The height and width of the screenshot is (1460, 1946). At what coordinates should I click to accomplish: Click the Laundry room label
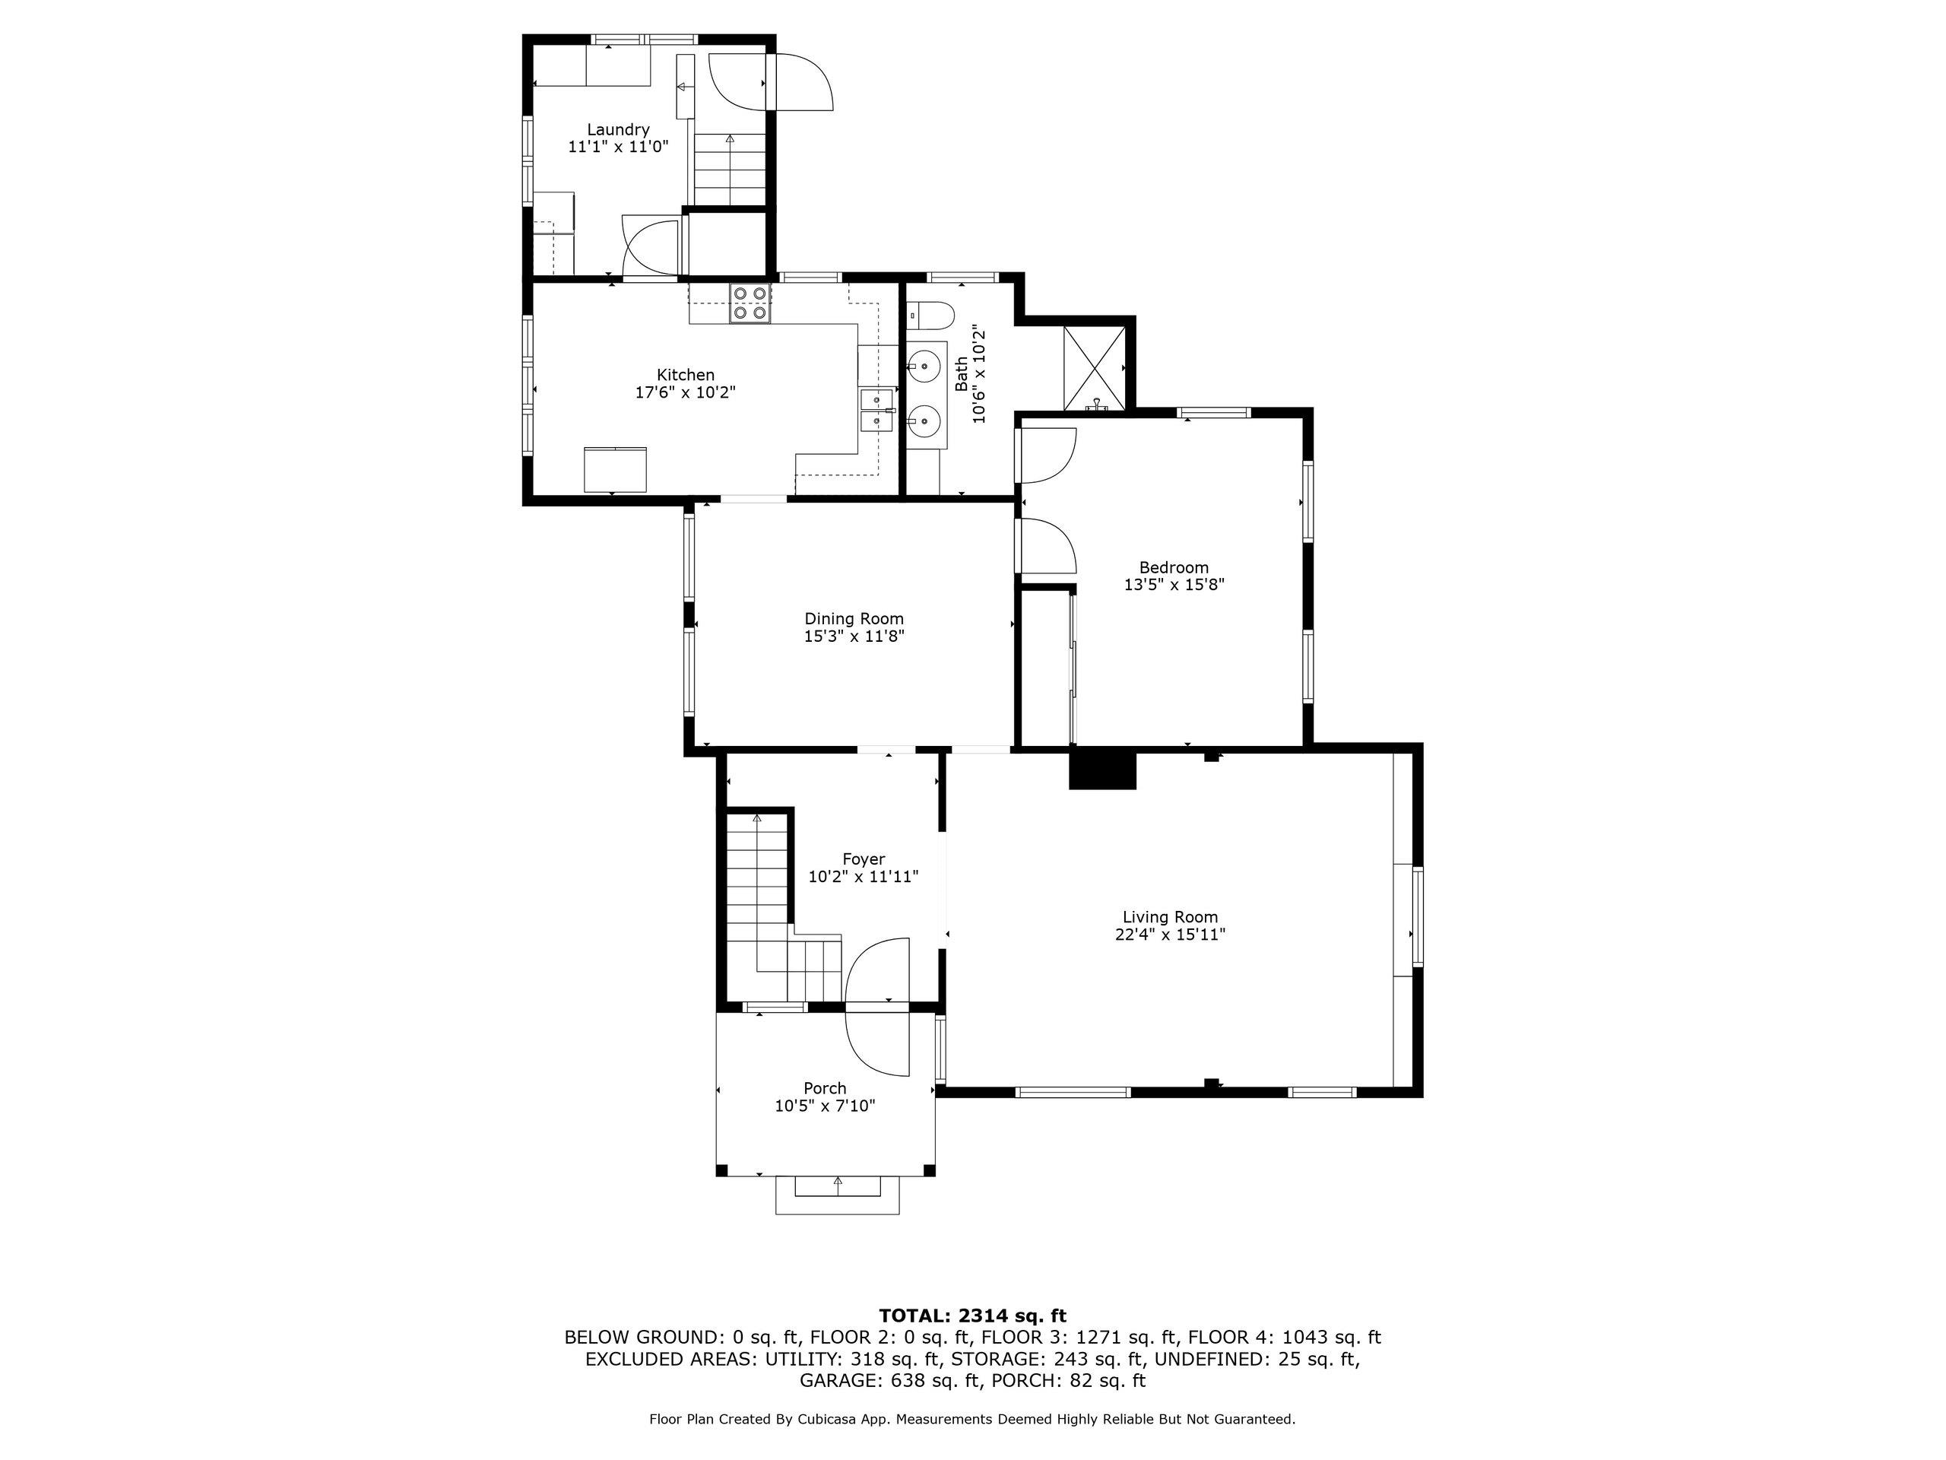[619, 129]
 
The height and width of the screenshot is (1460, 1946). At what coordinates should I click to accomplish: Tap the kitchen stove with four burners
[750, 303]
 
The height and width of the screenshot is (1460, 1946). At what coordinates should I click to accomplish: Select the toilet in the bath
[930, 313]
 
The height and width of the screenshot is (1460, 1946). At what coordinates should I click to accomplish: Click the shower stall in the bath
[1095, 368]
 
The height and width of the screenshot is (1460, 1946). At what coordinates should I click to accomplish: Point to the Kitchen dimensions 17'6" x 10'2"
[686, 392]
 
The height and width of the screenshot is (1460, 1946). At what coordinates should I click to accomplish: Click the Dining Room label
[854, 619]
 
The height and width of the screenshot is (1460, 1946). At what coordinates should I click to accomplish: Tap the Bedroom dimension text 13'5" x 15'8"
[1174, 584]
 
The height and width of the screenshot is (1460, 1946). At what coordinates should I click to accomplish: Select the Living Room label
[1170, 917]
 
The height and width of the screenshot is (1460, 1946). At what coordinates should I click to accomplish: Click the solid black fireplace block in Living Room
[1103, 770]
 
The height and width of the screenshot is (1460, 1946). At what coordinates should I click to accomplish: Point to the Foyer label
[864, 859]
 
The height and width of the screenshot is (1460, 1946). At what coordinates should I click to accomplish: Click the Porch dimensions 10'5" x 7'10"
[826, 1106]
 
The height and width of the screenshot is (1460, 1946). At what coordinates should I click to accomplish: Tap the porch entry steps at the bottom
[838, 1195]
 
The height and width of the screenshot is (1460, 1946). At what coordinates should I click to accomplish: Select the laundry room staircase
[731, 169]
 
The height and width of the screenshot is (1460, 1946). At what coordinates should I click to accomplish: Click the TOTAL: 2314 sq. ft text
[972, 1316]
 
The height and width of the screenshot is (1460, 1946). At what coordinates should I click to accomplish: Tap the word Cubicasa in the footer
[829, 1420]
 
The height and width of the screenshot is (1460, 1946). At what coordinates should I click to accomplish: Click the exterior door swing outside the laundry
[799, 82]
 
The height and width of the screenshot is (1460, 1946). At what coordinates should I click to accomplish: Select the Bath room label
[962, 374]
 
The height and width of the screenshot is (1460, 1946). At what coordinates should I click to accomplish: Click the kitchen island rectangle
[615, 469]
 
